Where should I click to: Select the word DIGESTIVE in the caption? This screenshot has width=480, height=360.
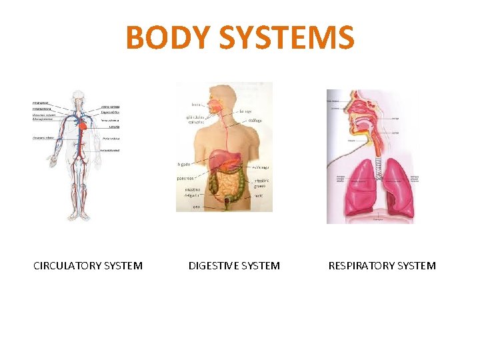213,265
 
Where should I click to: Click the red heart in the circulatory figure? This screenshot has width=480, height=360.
82,124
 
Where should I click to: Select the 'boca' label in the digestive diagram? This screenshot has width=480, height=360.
196,105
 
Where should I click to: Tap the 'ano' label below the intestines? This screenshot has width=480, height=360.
196,207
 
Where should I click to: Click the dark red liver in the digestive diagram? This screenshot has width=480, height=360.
218,160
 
